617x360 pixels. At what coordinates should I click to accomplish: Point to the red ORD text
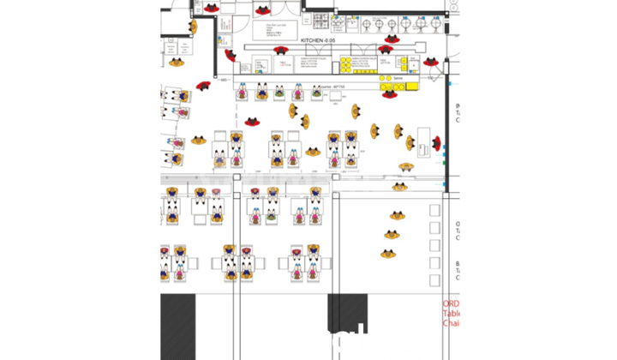pos(452,304)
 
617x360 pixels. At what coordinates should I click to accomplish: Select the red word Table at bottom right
pos(452,314)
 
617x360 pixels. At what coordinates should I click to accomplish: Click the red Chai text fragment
pos(452,323)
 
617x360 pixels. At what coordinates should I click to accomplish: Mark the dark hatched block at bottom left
pos(178,326)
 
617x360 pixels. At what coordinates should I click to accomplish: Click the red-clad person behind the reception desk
pos(436,143)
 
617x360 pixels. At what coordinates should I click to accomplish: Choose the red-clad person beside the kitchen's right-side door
pos(432,63)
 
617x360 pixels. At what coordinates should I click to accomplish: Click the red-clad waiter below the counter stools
pos(253,121)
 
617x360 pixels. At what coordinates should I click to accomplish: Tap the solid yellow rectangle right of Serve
pos(411,86)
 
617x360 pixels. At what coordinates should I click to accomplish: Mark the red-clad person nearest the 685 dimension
pos(204,86)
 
